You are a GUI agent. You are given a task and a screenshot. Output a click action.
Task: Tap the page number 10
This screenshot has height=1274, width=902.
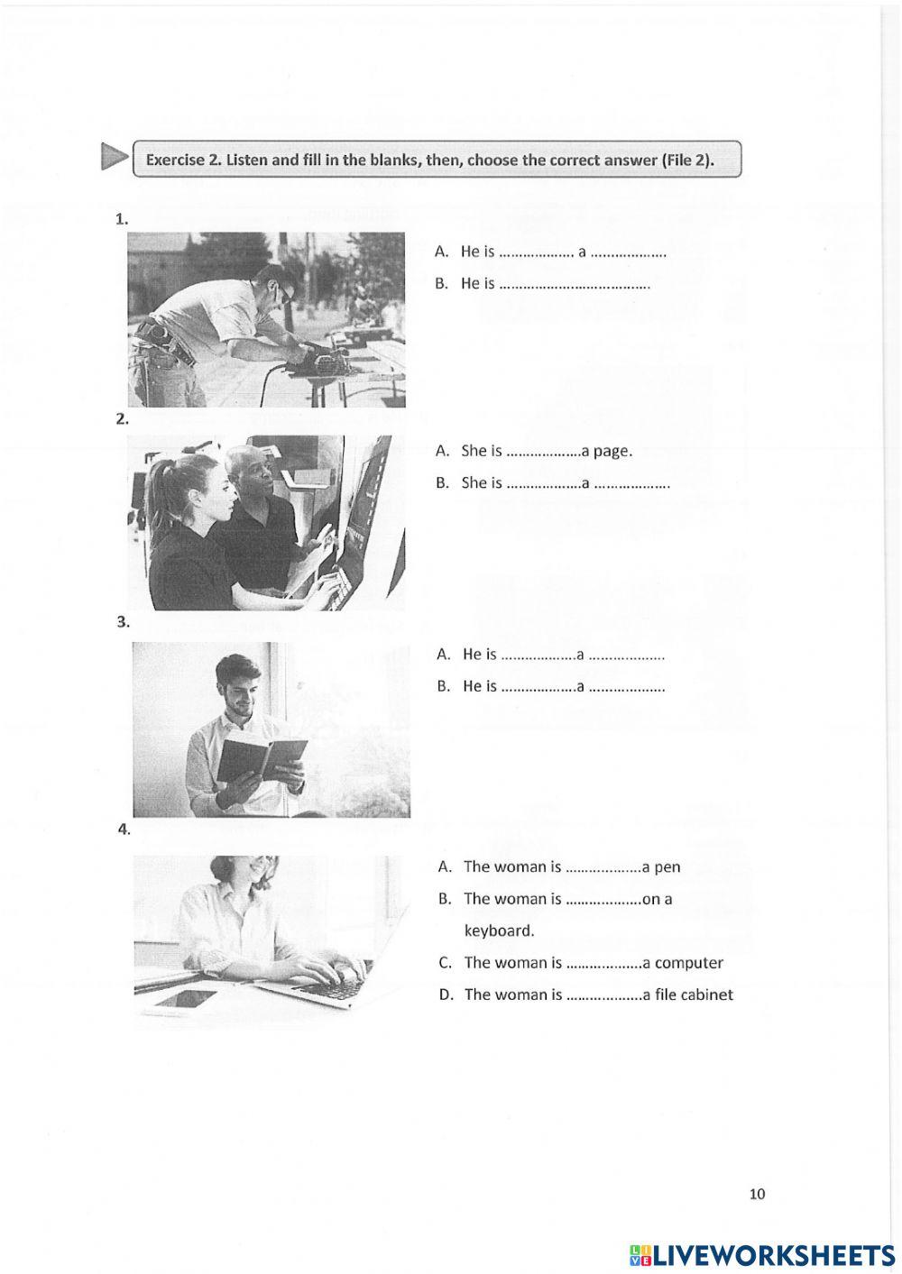757,1194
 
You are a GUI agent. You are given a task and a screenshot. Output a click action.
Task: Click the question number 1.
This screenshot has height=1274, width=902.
122,218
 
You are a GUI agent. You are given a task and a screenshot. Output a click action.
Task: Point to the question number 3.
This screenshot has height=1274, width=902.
124,622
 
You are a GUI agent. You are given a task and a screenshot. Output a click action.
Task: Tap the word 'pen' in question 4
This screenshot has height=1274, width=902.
667,867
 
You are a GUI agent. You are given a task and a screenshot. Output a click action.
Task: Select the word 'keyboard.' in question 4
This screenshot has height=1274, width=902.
499,930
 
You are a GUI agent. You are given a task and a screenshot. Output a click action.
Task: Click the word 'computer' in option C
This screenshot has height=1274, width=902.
689,963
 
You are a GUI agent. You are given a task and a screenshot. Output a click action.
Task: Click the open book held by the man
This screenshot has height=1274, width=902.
262,756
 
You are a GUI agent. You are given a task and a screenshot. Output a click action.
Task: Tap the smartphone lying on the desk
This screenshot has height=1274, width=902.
184,999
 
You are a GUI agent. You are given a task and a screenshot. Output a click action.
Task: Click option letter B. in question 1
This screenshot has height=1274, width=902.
441,284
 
